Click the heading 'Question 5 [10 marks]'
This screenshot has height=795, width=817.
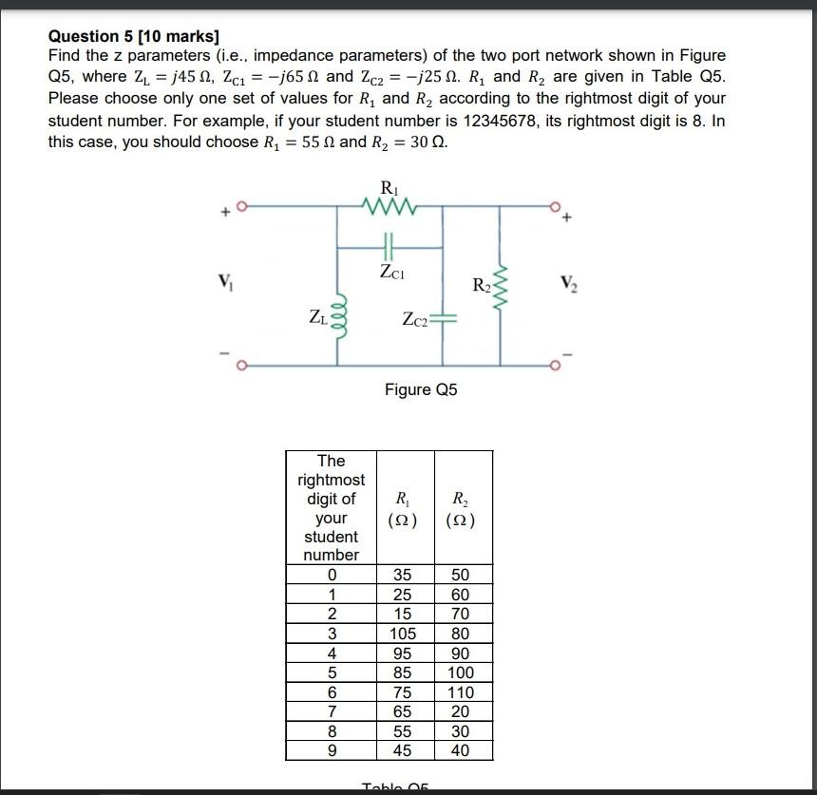(x=134, y=37)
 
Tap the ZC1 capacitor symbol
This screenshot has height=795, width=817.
(x=389, y=246)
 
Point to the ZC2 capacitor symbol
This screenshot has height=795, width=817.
(x=444, y=319)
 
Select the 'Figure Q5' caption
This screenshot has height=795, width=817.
(x=421, y=389)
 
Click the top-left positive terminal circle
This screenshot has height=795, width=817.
(x=243, y=204)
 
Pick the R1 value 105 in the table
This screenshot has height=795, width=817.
(x=403, y=634)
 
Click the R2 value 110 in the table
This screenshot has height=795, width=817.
(x=463, y=692)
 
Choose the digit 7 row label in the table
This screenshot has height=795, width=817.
(x=332, y=711)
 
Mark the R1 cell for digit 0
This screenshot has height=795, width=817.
(x=403, y=575)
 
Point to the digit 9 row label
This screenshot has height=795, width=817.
(x=332, y=750)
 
